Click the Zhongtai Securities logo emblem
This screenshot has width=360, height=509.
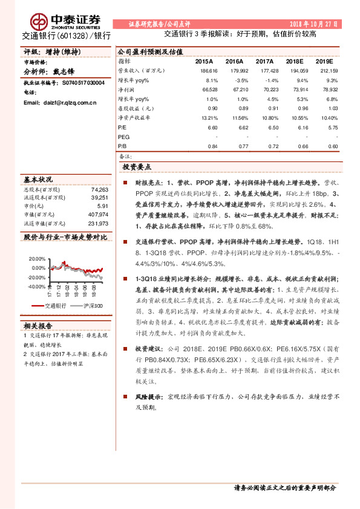(41, 21)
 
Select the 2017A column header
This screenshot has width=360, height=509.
(265, 62)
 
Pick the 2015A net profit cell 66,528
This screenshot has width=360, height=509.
(208, 89)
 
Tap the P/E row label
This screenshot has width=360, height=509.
(123, 128)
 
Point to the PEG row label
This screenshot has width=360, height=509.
(124, 137)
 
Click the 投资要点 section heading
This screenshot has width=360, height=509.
(137, 167)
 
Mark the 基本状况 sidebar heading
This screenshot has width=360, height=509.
(38, 180)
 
